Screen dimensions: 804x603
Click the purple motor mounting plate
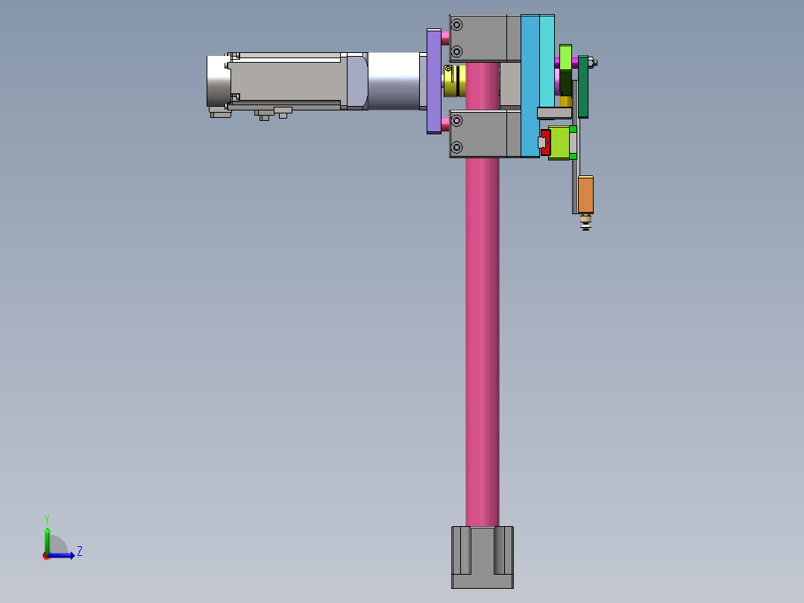(434, 81)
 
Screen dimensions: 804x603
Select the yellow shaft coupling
(455, 81)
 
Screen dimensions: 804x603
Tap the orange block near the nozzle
(585, 195)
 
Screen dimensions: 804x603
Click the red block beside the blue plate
(546, 142)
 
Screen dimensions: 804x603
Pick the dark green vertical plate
(583, 87)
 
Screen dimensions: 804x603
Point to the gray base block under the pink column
(483, 557)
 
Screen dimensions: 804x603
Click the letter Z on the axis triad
(80, 552)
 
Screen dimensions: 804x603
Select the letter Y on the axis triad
(47, 519)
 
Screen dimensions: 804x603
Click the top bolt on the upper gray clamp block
(456, 25)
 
